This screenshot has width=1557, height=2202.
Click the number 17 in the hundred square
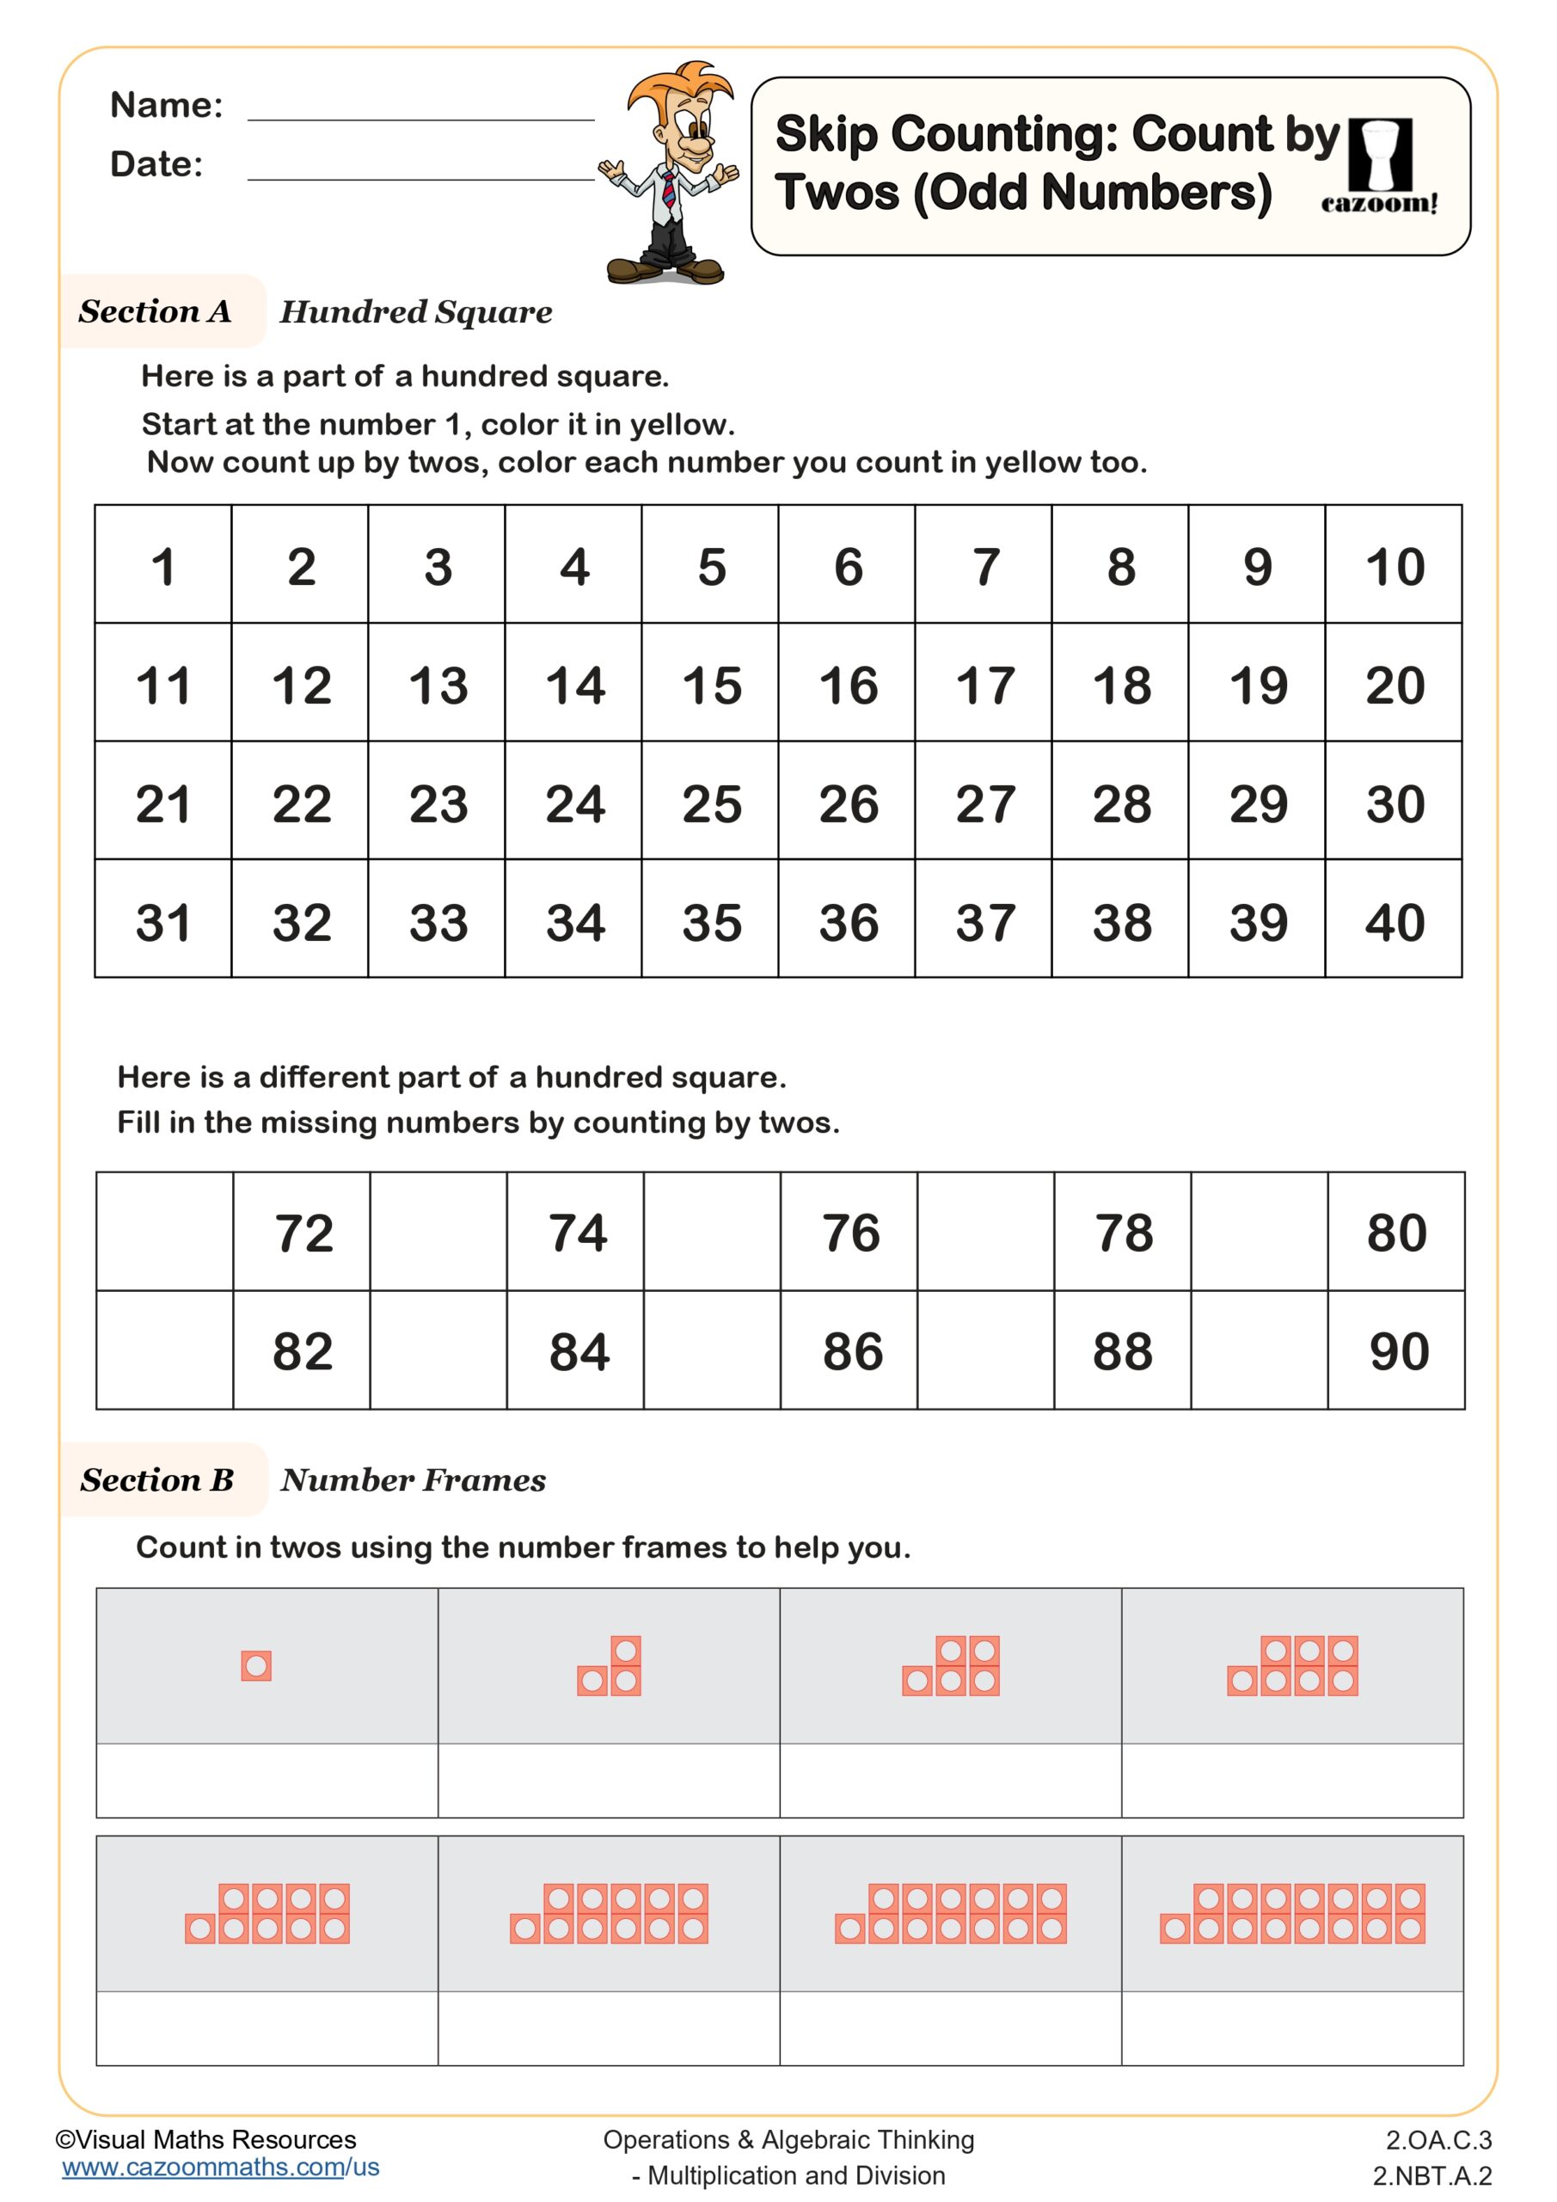(984, 686)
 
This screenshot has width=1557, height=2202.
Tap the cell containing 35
(710, 923)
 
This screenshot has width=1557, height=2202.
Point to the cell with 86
(850, 1351)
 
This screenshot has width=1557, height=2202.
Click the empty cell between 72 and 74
(438, 1232)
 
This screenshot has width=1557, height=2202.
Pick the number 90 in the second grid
(1397, 1351)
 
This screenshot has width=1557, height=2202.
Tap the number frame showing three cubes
(609, 1666)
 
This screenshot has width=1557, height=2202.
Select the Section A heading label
(156, 311)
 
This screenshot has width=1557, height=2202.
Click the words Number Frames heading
(414, 1479)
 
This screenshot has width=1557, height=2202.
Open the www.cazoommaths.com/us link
(220, 2167)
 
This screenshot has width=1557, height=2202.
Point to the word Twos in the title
(837, 193)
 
